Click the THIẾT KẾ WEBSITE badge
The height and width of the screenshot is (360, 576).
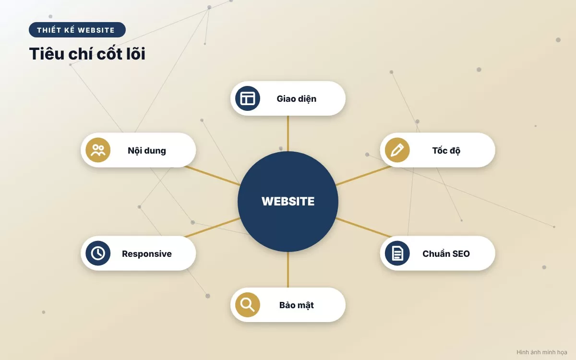point(77,30)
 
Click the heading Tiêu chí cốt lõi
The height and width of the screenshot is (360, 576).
point(87,53)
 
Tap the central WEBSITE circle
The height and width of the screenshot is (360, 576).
point(288,201)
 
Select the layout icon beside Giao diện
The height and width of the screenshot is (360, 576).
point(247,98)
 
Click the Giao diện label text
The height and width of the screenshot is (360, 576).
point(297,99)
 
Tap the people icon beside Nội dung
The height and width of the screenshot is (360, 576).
point(98,150)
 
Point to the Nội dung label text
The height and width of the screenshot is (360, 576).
point(147,151)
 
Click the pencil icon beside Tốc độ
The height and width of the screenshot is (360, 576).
point(397,150)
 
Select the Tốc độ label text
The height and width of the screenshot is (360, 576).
point(446,151)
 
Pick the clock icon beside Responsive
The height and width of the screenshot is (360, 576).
point(98,253)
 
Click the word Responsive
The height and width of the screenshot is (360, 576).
point(147,254)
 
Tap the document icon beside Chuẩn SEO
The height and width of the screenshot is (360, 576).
point(397,253)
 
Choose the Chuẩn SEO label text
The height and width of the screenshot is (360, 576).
point(446,254)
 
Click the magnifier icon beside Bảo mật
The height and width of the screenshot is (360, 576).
point(247,305)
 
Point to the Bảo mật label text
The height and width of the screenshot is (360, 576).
point(297,305)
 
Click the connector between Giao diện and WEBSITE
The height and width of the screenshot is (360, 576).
point(288,133)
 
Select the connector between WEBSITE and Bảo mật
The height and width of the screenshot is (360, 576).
point(288,270)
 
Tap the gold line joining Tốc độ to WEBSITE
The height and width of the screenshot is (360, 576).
point(364,176)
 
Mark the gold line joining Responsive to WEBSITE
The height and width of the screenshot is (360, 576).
point(212,228)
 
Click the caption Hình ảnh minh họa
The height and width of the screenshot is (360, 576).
point(542,352)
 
